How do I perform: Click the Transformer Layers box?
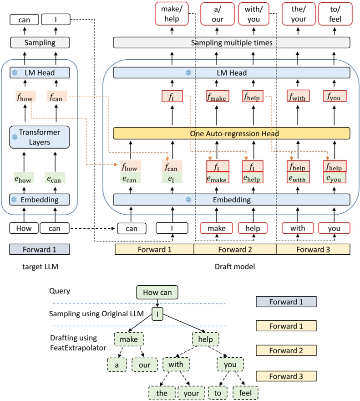pyautogui.click(x=40, y=137)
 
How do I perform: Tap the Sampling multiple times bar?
pyautogui.click(x=232, y=42)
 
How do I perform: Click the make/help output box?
pyautogui.click(x=172, y=13)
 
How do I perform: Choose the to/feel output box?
pyautogui.click(x=335, y=13)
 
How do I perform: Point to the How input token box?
pyautogui.click(x=23, y=228)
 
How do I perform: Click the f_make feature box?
pyautogui.click(x=217, y=96)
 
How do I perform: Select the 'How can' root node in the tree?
pyautogui.click(x=157, y=293)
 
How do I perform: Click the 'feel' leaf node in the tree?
pyautogui.click(x=245, y=393)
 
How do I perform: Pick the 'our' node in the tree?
pyautogui.click(x=144, y=365)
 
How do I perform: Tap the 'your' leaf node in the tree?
pyautogui.click(x=188, y=393)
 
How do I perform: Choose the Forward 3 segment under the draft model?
pyautogui.click(x=313, y=249)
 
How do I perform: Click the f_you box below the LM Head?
pyautogui.click(x=335, y=96)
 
